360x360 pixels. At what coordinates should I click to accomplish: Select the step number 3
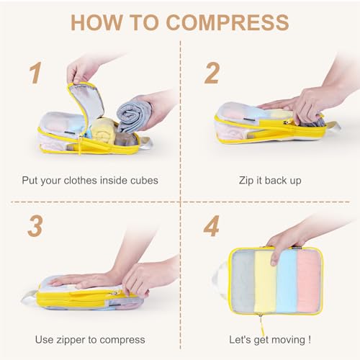(34, 225)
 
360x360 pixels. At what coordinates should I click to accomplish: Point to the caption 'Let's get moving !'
(270, 339)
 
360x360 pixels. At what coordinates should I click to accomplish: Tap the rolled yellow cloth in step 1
(104, 131)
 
